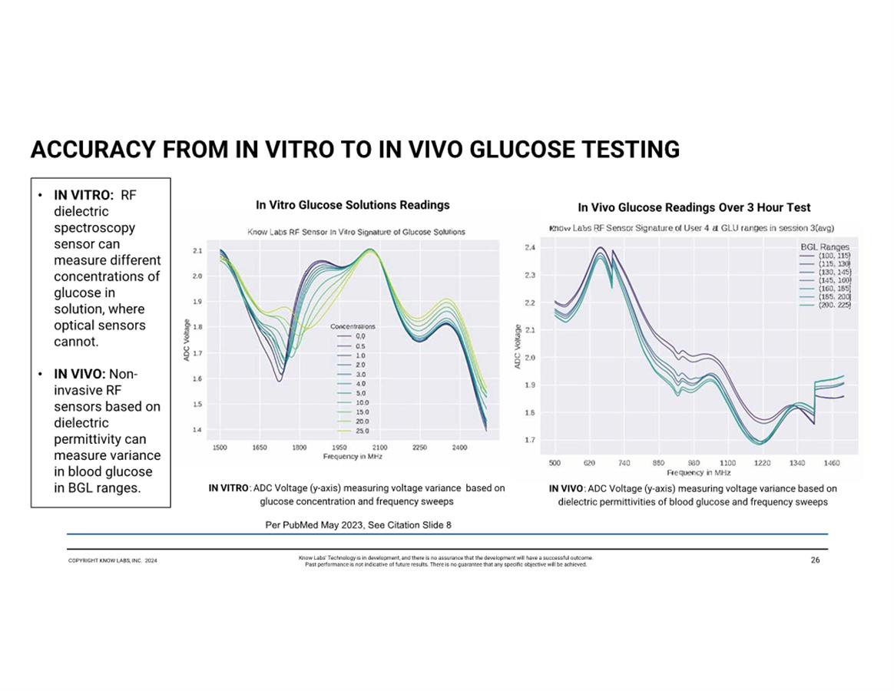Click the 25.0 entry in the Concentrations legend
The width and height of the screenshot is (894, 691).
[x=361, y=431]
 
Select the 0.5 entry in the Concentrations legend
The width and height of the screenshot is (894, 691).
[x=361, y=346]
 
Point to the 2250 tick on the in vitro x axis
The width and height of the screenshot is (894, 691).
[x=419, y=447]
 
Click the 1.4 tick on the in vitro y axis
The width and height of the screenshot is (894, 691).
[x=197, y=429]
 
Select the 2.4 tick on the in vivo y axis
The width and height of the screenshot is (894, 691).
[x=530, y=247]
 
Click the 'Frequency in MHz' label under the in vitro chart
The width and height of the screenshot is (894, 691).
[x=353, y=456]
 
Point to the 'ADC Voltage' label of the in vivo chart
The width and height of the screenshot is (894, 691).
[x=518, y=346]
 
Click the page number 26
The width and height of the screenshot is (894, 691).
[x=815, y=560]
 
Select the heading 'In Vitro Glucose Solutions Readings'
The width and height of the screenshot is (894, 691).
[x=353, y=205]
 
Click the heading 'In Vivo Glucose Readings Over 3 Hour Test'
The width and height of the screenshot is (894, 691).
[x=694, y=207]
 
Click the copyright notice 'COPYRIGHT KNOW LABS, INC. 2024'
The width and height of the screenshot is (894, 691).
[x=112, y=561]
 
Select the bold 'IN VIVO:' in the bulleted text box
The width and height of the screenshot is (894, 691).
[x=79, y=374]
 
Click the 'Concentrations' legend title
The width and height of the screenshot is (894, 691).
[x=353, y=326]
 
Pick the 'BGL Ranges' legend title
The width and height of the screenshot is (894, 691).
[x=826, y=246]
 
